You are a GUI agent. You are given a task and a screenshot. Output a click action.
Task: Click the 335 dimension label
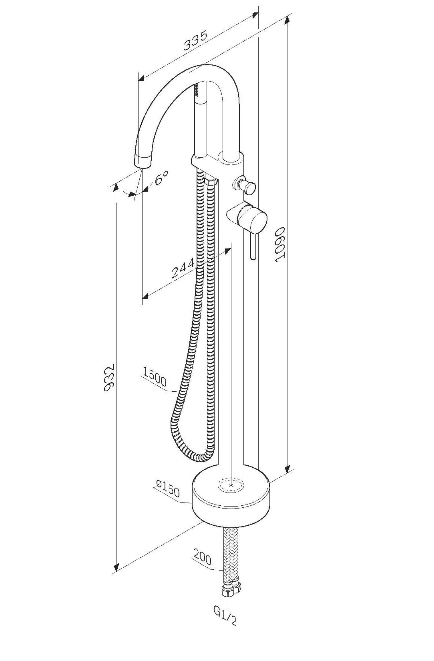point(196,41)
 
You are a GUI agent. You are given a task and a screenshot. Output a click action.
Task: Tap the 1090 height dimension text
point(280,244)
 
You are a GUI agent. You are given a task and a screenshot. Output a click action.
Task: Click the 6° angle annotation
point(161,177)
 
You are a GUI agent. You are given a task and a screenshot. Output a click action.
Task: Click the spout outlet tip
point(143,162)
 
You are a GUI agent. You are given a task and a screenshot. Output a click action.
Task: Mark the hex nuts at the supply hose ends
point(230,589)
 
